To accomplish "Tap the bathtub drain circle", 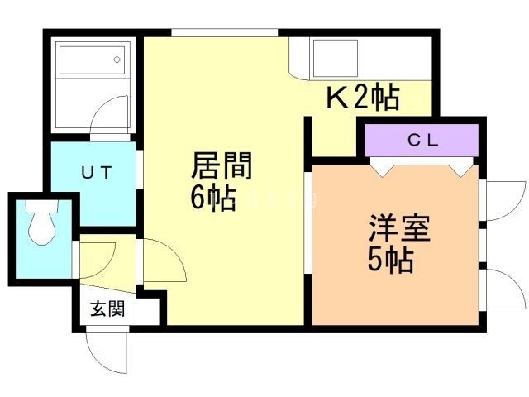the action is pyautogui.click(x=117, y=60).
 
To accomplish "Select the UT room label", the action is pyautogui.click(x=97, y=173).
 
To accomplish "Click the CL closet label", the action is pyautogui.click(x=422, y=140).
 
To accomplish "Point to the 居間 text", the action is pyautogui.click(x=222, y=165).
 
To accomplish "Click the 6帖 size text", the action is pyautogui.click(x=213, y=198).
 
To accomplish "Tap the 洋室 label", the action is pyautogui.click(x=399, y=227).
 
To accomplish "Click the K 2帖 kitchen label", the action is pyautogui.click(x=363, y=98).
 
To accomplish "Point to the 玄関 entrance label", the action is pyautogui.click(x=107, y=309).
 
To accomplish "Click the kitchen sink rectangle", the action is pyautogui.click(x=336, y=59).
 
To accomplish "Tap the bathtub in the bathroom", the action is pyautogui.click(x=92, y=60).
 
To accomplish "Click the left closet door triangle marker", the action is pyautogui.click(x=382, y=171).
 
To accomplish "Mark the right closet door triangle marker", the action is pyautogui.click(x=461, y=171).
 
